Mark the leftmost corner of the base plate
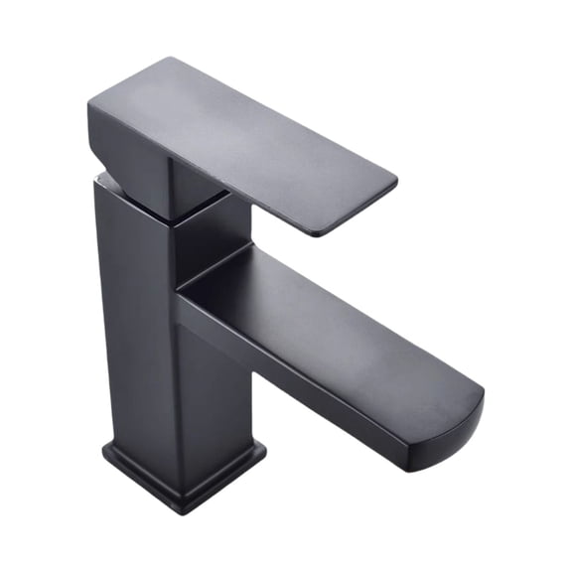click(105, 455)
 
